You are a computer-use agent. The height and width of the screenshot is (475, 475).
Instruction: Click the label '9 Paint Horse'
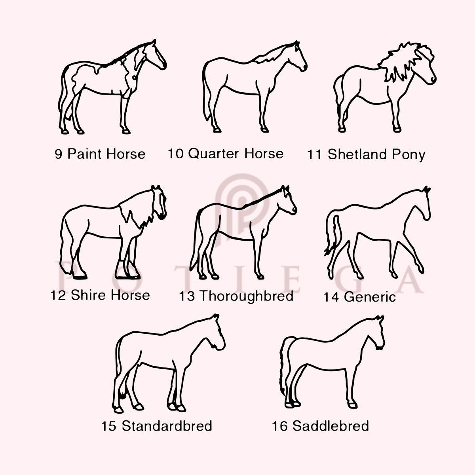[x=100, y=154]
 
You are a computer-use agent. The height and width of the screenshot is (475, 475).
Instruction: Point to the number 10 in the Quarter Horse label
[x=176, y=154]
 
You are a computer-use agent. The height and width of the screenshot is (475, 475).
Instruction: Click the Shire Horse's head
[x=159, y=202]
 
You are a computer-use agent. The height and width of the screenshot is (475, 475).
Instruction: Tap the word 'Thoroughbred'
[x=246, y=296]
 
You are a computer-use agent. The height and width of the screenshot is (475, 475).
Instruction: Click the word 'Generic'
[x=370, y=297]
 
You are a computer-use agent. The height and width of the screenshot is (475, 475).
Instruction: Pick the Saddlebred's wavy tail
[x=285, y=368]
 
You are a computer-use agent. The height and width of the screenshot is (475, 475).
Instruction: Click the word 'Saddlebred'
[x=331, y=426]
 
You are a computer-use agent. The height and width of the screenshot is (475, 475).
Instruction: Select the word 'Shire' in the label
[x=89, y=295]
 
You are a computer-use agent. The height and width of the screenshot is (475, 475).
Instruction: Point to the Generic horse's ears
[x=426, y=189]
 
